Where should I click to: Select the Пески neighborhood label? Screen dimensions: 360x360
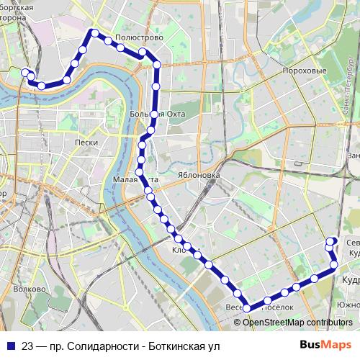coord(86,143)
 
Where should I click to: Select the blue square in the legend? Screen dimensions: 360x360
coord(11,345)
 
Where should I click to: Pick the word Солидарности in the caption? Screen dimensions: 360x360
coord(100,345)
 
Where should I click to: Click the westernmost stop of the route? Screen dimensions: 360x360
coord(25,72)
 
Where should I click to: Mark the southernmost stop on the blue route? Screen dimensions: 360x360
coord(247,308)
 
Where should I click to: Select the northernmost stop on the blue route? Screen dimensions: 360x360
coord(94,32)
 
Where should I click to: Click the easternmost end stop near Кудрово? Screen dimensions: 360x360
coord(336,265)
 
